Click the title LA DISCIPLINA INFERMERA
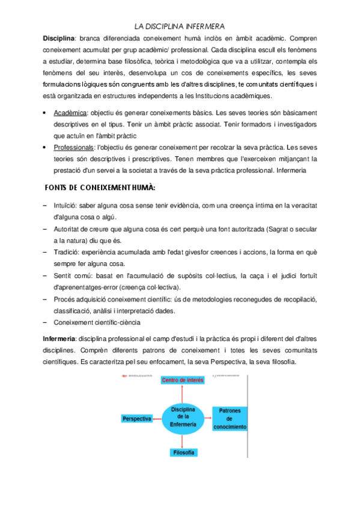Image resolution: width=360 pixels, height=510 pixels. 180,26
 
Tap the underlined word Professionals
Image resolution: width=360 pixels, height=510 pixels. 75,147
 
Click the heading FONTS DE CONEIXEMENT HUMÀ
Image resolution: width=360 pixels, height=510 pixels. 100,188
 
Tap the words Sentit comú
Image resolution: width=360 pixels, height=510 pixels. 72,275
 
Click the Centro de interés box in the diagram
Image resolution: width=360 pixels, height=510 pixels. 183,381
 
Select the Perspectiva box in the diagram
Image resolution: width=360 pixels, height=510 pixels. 136,419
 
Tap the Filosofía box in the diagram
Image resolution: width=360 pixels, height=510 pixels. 183,452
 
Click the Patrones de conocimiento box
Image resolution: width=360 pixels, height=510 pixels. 229,419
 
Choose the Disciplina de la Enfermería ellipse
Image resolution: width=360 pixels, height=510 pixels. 183,416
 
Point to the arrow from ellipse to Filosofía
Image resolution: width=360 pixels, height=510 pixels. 183,439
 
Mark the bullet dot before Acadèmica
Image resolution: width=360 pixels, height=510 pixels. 46,113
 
